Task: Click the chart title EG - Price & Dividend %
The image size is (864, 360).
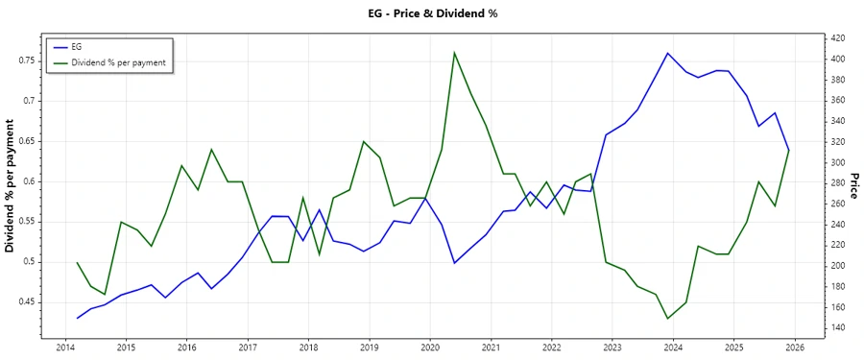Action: (x=432, y=13)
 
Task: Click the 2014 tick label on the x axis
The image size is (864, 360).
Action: (x=65, y=348)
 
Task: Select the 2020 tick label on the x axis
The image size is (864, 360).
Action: (x=430, y=348)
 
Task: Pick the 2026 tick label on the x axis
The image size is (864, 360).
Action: (x=794, y=348)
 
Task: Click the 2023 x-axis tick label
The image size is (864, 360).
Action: (x=612, y=348)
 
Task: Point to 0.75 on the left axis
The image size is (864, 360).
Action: (x=25, y=60)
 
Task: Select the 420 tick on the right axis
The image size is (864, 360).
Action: (x=836, y=38)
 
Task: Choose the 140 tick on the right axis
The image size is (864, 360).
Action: (x=836, y=327)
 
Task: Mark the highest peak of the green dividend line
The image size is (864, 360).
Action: (x=454, y=53)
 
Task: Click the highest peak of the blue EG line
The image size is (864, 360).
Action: (x=668, y=53)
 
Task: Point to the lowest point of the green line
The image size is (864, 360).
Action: (x=668, y=318)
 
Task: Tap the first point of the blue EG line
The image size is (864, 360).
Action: (x=78, y=318)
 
